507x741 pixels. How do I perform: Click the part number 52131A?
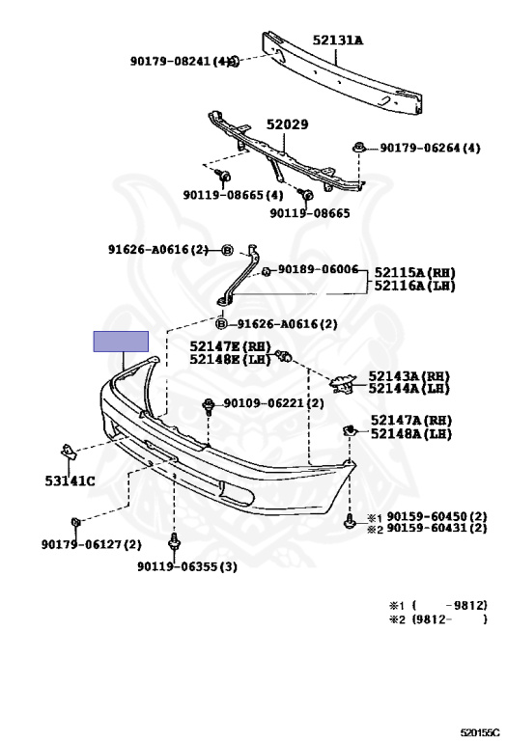[x=337, y=41]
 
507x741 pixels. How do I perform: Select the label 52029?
[x=287, y=124]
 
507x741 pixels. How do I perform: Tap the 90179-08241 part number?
[x=170, y=61]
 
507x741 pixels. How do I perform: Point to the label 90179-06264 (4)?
[x=430, y=148]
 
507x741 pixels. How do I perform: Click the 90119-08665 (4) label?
[x=233, y=195]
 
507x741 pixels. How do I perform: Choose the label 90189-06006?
[x=318, y=269]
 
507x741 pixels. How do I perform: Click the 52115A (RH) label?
[x=415, y=273]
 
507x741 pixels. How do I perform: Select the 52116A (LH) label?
[x=415, y=286]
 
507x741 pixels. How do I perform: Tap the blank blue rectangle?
[x=121, y=342]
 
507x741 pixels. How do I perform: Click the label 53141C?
[x=70, y=481]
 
